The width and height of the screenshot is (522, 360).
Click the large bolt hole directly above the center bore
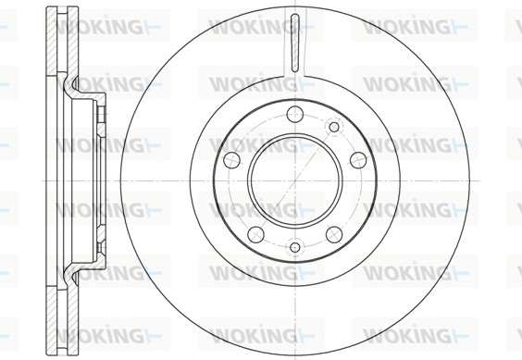tap(295, 113)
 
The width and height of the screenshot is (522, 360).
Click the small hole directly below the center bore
tap(295, 247)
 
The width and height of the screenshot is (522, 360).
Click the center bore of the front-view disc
tap(295, 180)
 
